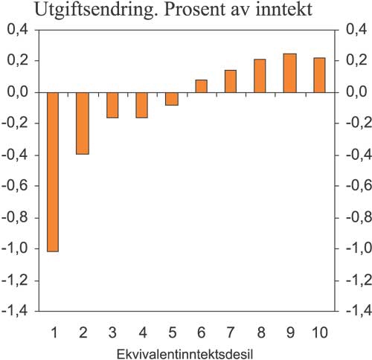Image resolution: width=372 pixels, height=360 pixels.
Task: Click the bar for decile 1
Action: pos(53,172)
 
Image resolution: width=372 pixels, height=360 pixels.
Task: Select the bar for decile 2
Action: pos(83,123)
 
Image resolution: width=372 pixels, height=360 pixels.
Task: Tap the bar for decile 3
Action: pos(112,105)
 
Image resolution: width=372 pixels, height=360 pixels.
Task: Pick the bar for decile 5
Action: pos(171,98)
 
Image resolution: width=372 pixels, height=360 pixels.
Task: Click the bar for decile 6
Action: pos(201,86)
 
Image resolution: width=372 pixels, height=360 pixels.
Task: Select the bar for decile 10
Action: pos(319,75)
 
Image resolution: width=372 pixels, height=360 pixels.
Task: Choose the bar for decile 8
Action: pos(260,76)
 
